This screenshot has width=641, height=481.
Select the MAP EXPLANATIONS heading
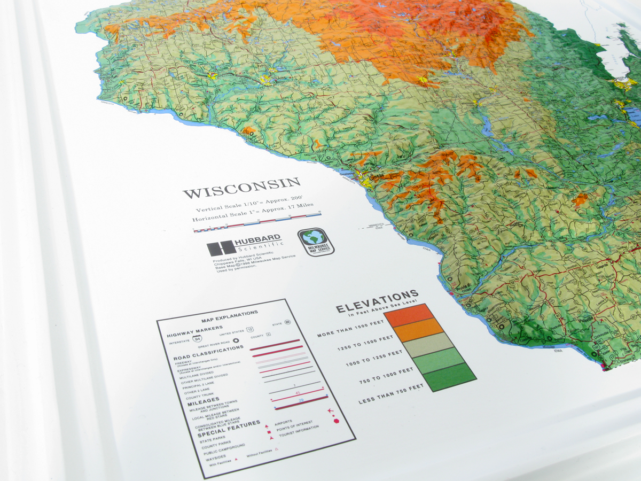(229, 316)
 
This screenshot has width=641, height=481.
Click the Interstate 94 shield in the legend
(197, 339)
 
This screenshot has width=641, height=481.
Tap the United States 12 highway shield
(249, 330)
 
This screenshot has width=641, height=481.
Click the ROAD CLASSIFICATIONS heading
(206, 353)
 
